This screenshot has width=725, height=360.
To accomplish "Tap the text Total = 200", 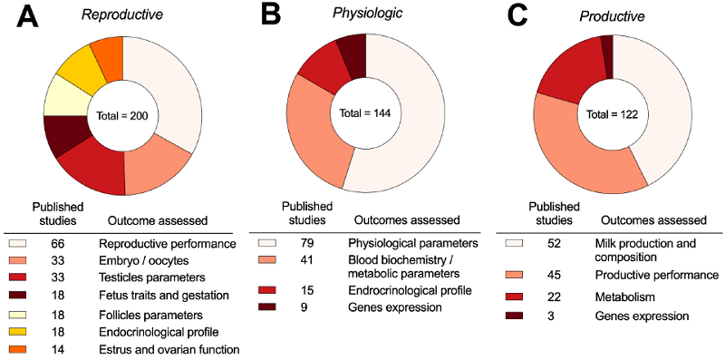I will (x=122, y=116).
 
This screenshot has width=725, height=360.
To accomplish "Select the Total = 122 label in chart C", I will (x=614, y=115).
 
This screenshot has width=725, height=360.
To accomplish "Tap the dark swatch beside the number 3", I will (x=514, y=316).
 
